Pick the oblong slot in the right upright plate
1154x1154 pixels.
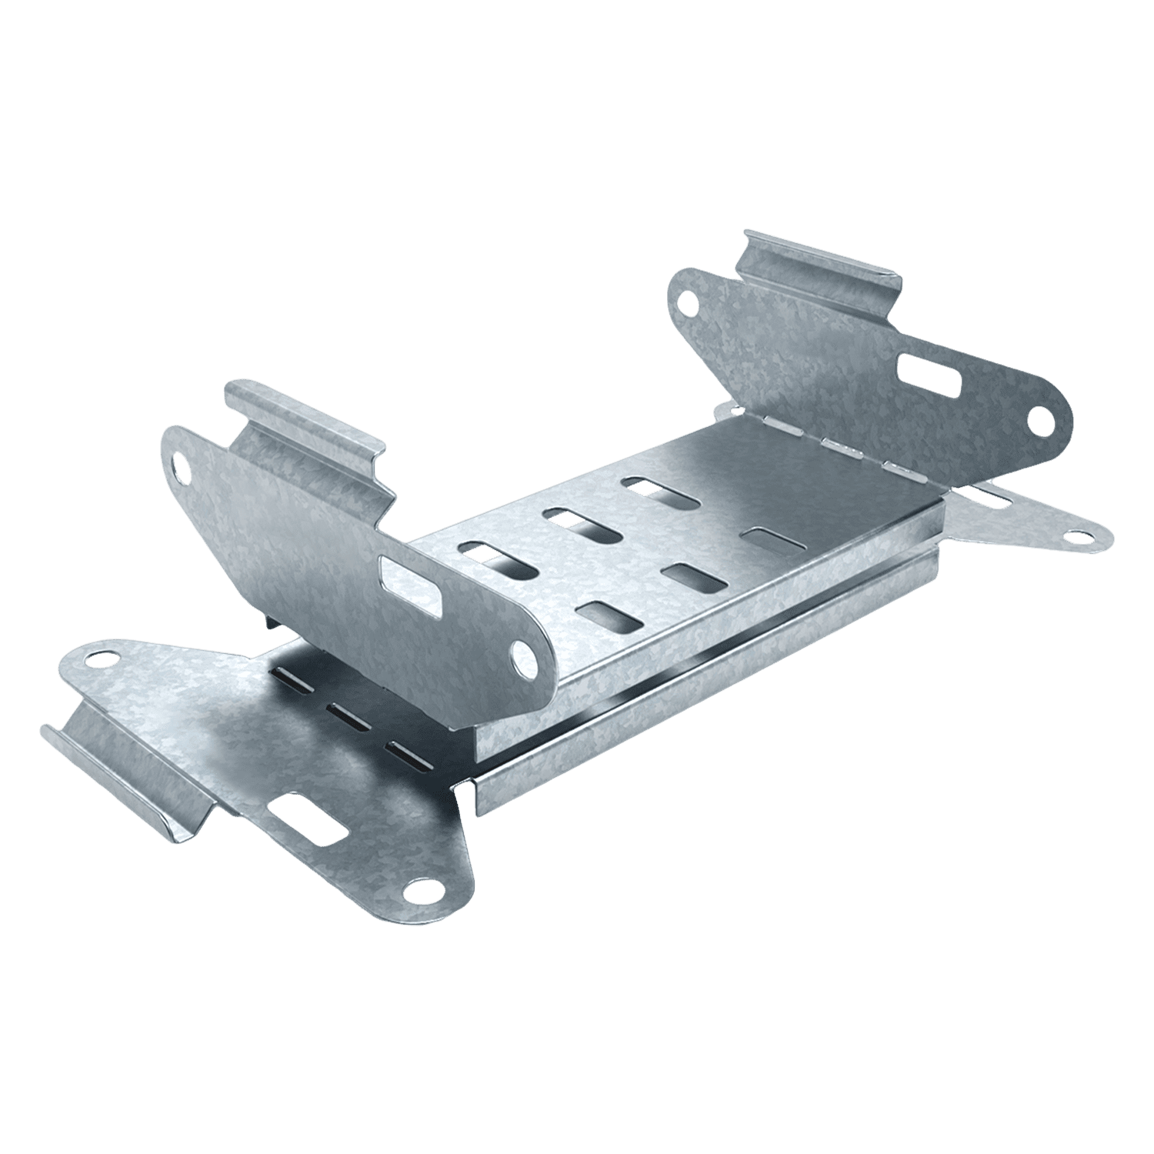932,373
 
